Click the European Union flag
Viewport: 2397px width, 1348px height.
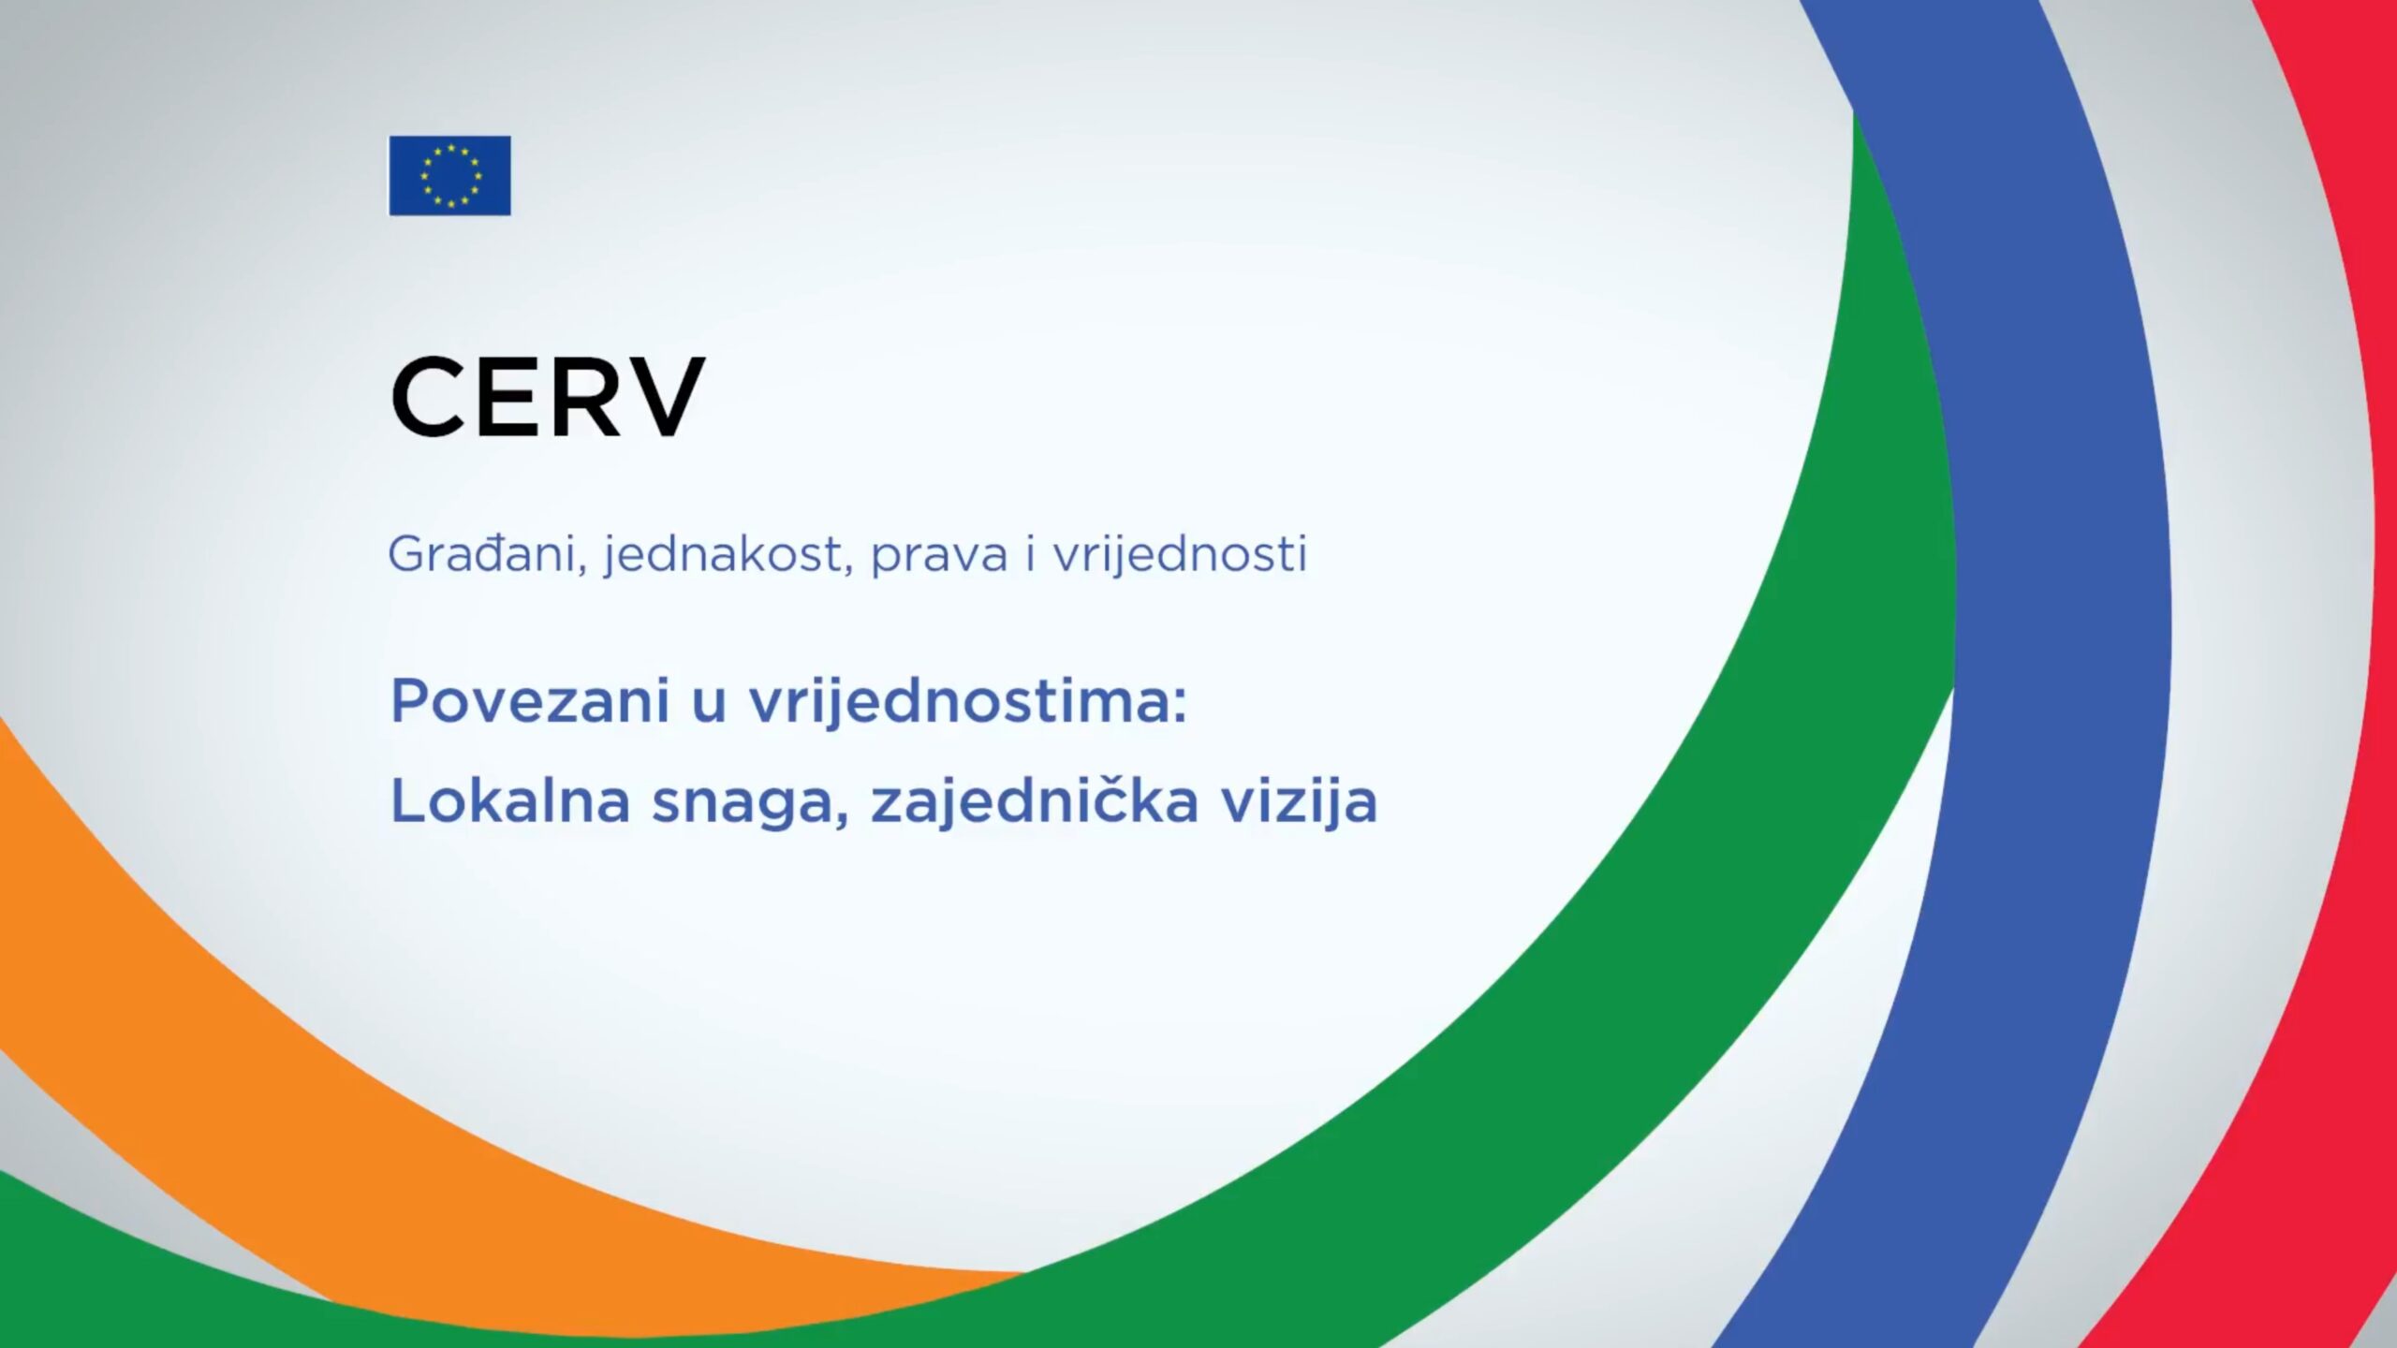pyautogui.click(x=450, y=176)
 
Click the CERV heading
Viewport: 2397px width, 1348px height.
pyautogui.click(x=547, y=398)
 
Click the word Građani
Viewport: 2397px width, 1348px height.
pyautogui.click(x=487, y=554)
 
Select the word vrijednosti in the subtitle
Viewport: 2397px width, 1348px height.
pyautogui.click(x=1180, y=554)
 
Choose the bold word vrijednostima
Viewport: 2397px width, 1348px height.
pyautogui.click(x=967, y=703)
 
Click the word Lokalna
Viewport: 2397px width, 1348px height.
pyautogui.click(x=510, y=801)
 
